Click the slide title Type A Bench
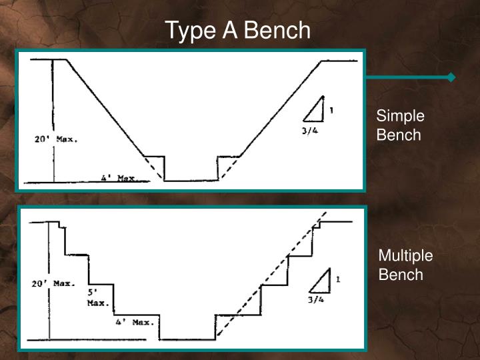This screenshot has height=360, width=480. click(238, 30)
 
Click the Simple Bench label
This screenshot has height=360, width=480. click(400, 125)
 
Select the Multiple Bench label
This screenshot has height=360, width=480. click(405, 265)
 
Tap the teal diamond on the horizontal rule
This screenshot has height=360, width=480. click(451, 77)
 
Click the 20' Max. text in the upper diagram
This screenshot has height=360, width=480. click(56, 140)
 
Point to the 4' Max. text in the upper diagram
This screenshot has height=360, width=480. click(118, 179)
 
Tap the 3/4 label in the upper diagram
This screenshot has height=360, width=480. click(309, 130)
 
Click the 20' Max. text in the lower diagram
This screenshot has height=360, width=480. click(54, 283)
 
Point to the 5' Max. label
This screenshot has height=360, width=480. click(97, 297)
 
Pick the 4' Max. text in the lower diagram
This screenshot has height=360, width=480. click(134, 323)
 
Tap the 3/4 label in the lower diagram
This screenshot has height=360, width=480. click(315, 300)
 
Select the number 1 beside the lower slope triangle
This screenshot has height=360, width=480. click(338, 280)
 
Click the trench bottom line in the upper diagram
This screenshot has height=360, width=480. click(191, 181)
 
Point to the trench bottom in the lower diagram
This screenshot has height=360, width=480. click(187, 339)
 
